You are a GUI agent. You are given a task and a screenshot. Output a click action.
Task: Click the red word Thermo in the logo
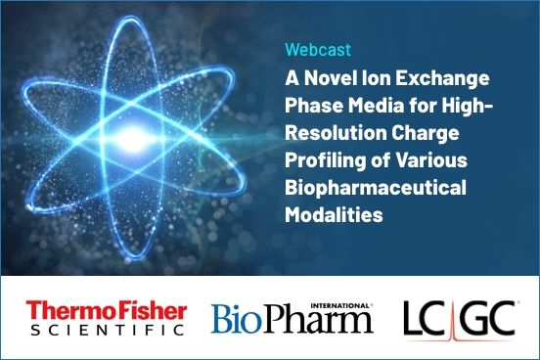(67, 310)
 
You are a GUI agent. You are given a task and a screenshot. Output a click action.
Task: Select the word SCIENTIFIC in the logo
(105, 331)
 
